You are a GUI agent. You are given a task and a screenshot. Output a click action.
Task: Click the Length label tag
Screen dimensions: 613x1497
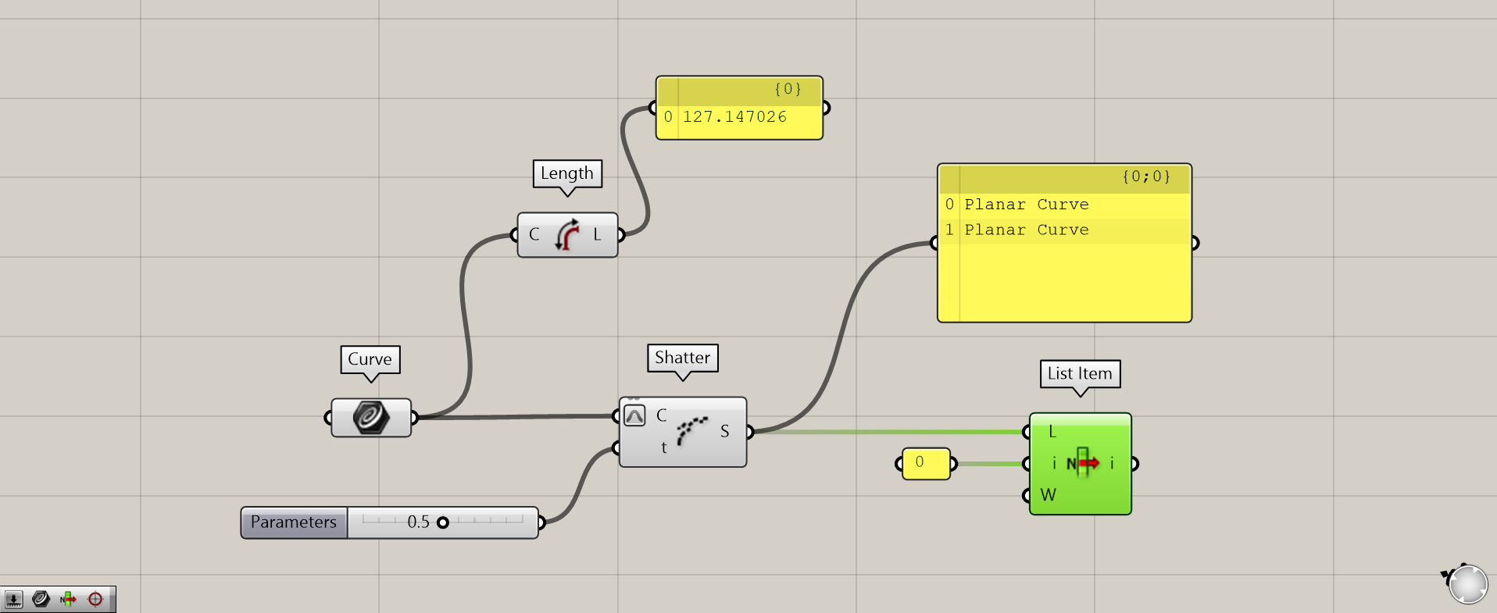[567, 173]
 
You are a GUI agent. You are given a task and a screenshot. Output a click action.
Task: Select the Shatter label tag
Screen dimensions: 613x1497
[682, 358]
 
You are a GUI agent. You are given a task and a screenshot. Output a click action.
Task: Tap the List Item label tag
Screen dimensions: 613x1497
[1080, 373]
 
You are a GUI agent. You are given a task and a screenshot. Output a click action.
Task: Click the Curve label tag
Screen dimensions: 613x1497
[370, 359]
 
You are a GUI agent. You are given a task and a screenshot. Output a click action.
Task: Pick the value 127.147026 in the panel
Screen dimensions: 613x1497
[734, 117]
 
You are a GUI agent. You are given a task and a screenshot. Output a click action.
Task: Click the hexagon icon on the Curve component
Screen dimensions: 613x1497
[370, 417]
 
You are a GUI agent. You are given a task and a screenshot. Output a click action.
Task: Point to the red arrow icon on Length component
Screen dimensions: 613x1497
[568, 234]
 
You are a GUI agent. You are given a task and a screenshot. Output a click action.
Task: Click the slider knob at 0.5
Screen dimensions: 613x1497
[443, 522]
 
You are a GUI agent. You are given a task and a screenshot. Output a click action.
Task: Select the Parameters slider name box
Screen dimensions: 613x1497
[294, 522]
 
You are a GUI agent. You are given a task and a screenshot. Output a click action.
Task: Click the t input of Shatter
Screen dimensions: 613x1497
[664, 447]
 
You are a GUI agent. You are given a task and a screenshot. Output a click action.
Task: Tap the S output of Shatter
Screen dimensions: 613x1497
[725, 431]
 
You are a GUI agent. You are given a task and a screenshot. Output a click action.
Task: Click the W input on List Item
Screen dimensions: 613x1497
[1048, 495]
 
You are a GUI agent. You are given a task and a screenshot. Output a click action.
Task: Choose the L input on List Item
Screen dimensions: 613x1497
[1052, 432]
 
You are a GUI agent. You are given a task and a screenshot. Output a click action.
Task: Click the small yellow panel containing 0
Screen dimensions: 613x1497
[925, 463]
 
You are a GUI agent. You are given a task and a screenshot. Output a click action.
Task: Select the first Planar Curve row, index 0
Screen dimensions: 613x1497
[1026, 205]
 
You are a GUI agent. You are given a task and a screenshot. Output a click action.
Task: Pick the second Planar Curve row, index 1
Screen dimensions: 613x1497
[1026, 230]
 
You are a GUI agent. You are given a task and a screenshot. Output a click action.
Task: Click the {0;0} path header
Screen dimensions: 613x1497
[1146, 177]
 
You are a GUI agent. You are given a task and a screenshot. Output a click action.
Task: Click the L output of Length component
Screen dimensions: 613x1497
[598, 234]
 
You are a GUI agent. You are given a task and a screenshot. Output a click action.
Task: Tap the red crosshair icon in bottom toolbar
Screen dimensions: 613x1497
[95, 599]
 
